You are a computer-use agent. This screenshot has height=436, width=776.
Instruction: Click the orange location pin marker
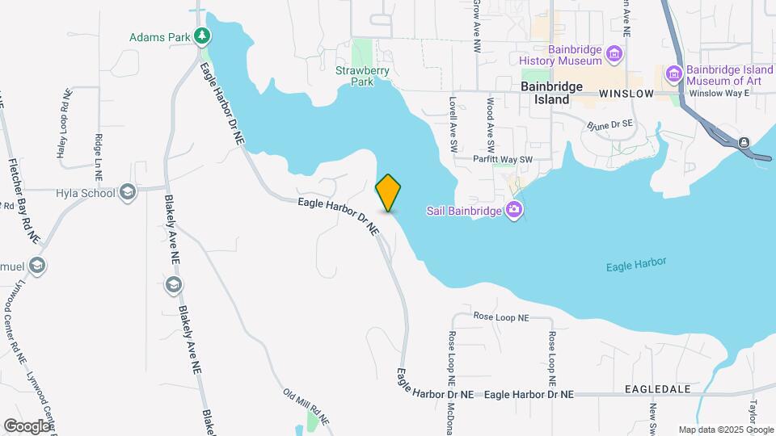click(x=388, y=192)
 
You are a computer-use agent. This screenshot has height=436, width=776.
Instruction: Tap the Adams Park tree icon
click(x=200, y=36)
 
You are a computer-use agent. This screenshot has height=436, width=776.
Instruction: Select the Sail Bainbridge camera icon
click(x=513, y=211)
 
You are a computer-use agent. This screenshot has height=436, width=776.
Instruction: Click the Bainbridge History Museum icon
click(x=615, y=54)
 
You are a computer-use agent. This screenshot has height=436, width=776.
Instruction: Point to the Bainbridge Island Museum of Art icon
click(x=673, y=75)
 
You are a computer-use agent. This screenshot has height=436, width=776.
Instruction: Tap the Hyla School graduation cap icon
click(x=127, y=192)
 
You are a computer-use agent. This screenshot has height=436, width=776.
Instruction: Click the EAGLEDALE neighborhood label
click(x=657, y=389)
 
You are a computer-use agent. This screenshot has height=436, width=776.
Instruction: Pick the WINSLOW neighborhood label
click(x=626, y=94)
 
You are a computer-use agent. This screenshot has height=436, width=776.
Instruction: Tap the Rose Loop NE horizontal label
click(x=500, y=317)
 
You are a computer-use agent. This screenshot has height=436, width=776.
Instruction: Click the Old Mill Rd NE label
click(x=306, y=407)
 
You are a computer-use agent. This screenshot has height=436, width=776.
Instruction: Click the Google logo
click(x=26, y=426)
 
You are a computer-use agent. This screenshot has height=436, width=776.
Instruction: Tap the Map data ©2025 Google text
click(x=726, y=430)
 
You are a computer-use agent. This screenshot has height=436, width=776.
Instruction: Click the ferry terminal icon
click(x=743, y=143)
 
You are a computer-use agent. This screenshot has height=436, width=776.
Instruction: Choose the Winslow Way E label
click(x=719, y=94)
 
